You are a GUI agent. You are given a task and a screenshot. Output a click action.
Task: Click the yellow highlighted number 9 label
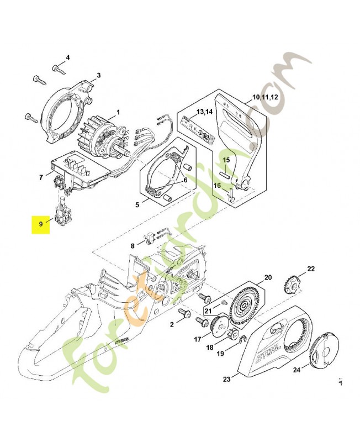pos(40,224)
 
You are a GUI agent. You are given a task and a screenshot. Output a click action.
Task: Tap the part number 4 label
pos(68,57)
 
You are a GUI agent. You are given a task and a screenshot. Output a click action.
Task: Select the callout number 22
pos(311,269)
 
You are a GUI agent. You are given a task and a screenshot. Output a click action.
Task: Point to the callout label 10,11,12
pos(265,97)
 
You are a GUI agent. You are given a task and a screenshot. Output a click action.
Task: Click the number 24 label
pos(297,371)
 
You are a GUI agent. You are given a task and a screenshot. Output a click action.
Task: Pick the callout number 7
pos(41,177)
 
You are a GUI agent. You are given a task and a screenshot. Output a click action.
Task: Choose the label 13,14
pos(204,112)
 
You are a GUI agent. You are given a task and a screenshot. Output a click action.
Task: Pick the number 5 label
pos(137,204)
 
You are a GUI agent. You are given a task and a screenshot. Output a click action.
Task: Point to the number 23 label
pos(227,379)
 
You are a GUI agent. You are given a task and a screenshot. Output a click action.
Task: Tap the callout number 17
pos(197,339)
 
